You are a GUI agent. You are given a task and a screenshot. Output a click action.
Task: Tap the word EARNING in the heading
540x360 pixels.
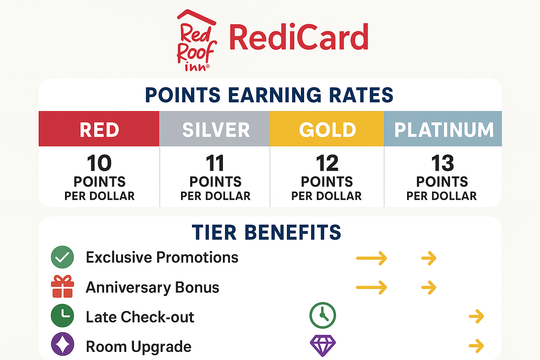tap(275, 95)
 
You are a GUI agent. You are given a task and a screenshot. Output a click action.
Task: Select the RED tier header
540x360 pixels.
tap(99, 129)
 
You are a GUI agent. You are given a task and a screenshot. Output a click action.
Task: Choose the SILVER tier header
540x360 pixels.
tap(216, 129)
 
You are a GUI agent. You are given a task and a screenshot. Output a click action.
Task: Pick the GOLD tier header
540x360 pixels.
tap(327, 129)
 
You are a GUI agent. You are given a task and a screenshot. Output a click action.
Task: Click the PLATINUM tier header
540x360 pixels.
tap(444, 129)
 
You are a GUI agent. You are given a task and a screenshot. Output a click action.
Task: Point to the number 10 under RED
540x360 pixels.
tap(99, 163)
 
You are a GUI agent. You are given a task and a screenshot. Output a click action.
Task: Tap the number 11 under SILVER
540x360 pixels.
tap(215, 163)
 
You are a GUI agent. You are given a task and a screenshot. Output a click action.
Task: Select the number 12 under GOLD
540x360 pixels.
tap(327, 163)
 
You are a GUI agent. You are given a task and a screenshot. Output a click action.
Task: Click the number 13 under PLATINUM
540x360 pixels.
tap(442, 163)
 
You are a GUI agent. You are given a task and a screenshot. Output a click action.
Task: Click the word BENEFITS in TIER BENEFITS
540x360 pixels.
tap(292, 232)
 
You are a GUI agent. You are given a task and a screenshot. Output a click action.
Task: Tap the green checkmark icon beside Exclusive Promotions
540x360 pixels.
tap(62, 257)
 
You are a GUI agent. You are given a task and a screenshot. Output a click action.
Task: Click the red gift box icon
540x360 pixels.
tap(63, 287)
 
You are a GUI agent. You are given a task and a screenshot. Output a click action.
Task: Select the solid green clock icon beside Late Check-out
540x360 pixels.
tap(62, 316)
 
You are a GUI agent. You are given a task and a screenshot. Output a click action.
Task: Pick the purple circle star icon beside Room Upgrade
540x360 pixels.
tap(62, 344)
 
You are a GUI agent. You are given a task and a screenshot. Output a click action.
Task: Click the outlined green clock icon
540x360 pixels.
tap(322, 315)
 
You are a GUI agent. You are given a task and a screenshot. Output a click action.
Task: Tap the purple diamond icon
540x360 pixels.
tap(322, 345)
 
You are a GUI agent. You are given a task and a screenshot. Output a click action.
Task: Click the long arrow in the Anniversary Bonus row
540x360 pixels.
tap(372, 287)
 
